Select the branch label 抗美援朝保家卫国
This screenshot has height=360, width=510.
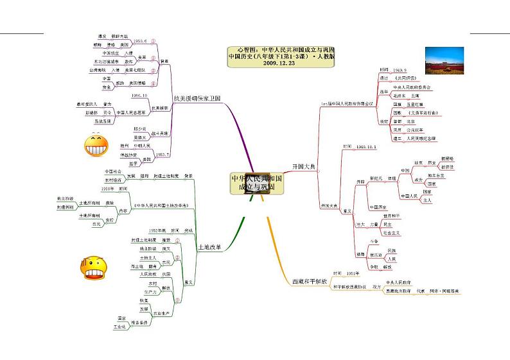click(x=197, y=98)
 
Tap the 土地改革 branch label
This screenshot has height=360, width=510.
click(x=211, y=246)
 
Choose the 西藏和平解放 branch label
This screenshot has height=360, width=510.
click(x=310, y=280)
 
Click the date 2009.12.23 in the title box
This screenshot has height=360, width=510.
click(x=278, y=64)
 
